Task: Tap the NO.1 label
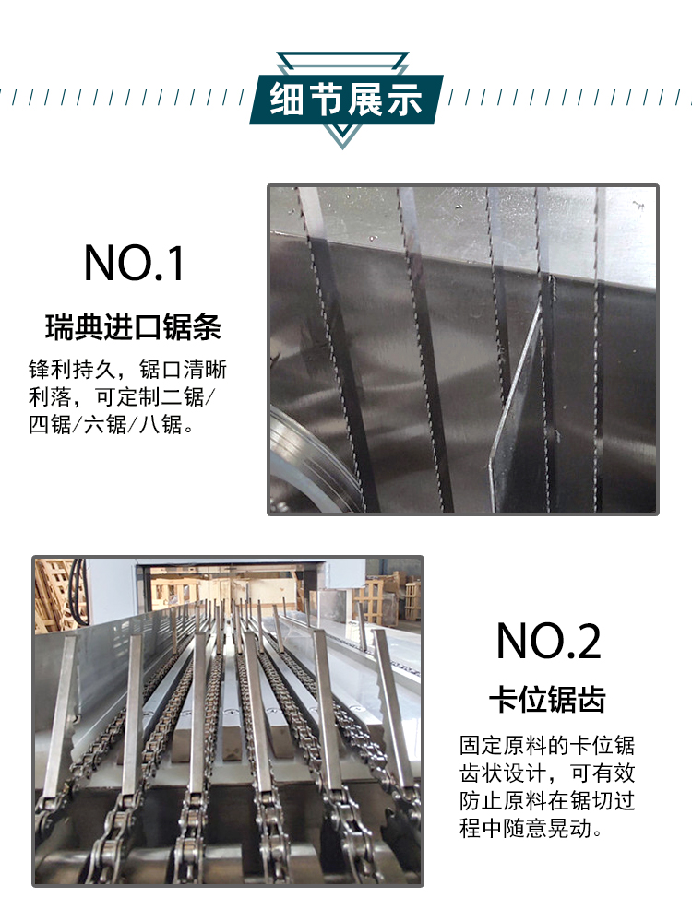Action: coord(135,263)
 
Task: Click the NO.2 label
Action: coord(548,641)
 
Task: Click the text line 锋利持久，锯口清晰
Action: coord(127,371)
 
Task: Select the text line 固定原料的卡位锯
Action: coord(547,745)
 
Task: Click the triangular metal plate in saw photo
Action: coord(517,406)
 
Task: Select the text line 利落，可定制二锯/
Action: coord(127,398)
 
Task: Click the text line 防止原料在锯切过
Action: coord(547,800)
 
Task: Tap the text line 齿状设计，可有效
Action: coord(547,773)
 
